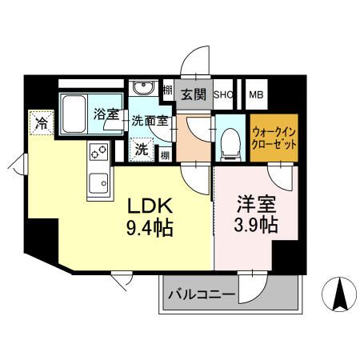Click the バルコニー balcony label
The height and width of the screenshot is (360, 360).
click(201, 296)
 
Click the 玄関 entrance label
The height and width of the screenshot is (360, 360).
click(193, 94)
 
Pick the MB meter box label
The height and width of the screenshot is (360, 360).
click(257, 94)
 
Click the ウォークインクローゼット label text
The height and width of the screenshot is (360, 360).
click(274, 138)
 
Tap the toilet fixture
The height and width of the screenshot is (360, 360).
click(230, 141)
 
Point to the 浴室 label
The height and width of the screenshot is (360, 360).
click(106, 114)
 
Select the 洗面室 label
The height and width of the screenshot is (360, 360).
click(150, 123)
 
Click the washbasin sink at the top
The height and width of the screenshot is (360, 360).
click(145, 89)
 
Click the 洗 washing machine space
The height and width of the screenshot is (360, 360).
click(141, 148)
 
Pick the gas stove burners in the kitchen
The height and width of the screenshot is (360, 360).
click(99, 152)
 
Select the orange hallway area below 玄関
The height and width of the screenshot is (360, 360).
click(193, 136)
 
